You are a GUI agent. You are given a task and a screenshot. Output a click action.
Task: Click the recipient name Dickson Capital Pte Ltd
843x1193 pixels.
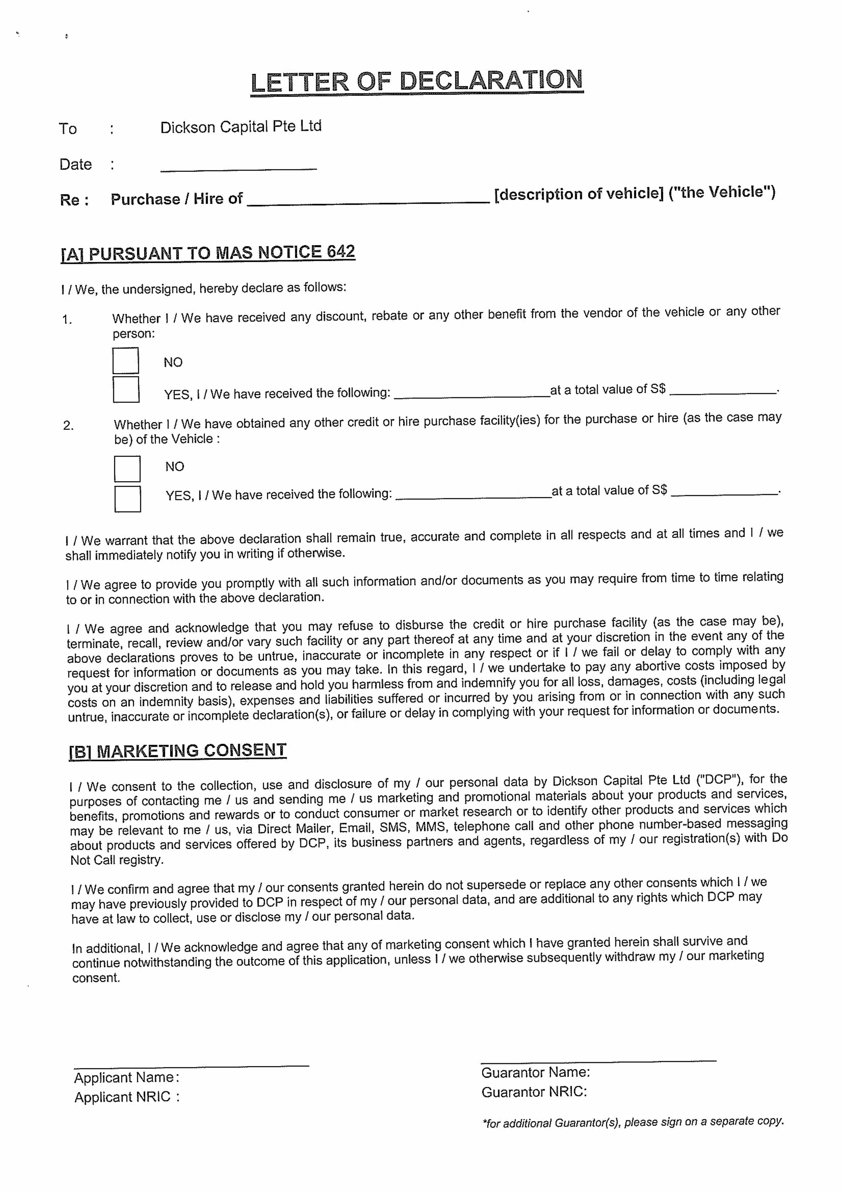pos(240,127)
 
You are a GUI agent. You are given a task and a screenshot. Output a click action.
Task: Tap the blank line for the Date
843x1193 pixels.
pos(238,166)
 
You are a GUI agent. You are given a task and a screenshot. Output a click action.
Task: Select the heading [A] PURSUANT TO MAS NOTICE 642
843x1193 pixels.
pos(208,253)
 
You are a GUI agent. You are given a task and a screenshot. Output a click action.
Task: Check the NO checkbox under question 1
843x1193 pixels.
pos(126,361)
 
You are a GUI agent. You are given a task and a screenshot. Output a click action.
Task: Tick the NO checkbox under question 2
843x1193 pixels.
pos(127,469)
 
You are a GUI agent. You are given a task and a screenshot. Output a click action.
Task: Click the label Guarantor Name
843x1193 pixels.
pos(535,1072)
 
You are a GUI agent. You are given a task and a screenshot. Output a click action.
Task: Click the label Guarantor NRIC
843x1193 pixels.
pos(534,1092)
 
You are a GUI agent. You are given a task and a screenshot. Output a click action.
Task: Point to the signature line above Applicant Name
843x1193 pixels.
pos(191,1065)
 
